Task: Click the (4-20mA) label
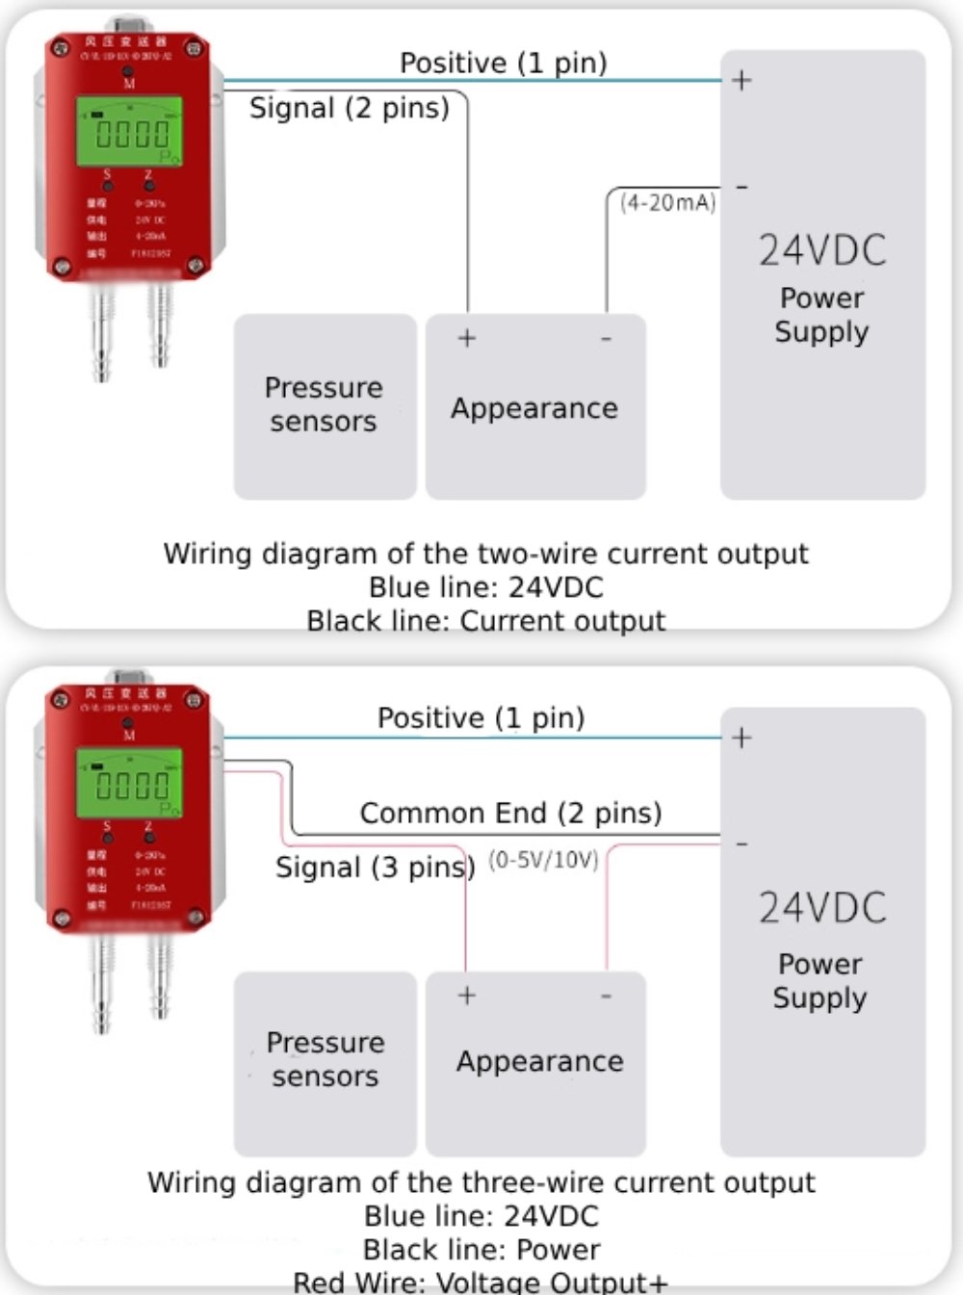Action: (x=668, y=203)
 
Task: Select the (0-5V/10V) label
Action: (x=544, y=860)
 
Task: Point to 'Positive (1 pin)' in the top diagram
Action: (x=503, y=64)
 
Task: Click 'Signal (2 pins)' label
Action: (x=350, y=108)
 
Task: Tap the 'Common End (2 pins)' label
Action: (x=510, y=814)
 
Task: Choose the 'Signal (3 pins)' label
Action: (x=375, y=868)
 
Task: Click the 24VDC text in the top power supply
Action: (x=822, y=251)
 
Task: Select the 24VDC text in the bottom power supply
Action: (x=822, y=909)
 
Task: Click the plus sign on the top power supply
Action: (x=742, y=80)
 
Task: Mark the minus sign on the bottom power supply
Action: (x=742, y=844)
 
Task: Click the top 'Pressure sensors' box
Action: (x=325, y=405)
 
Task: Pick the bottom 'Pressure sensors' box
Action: (x=325, y=1061)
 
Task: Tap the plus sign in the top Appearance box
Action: (x=467, y=338)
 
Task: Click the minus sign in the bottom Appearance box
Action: (x=606, y=996)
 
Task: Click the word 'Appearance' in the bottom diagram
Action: (x=539, y=1062)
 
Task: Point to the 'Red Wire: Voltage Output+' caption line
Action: (x=480, y=1282)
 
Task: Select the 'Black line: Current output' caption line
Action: (x=485, y=621)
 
